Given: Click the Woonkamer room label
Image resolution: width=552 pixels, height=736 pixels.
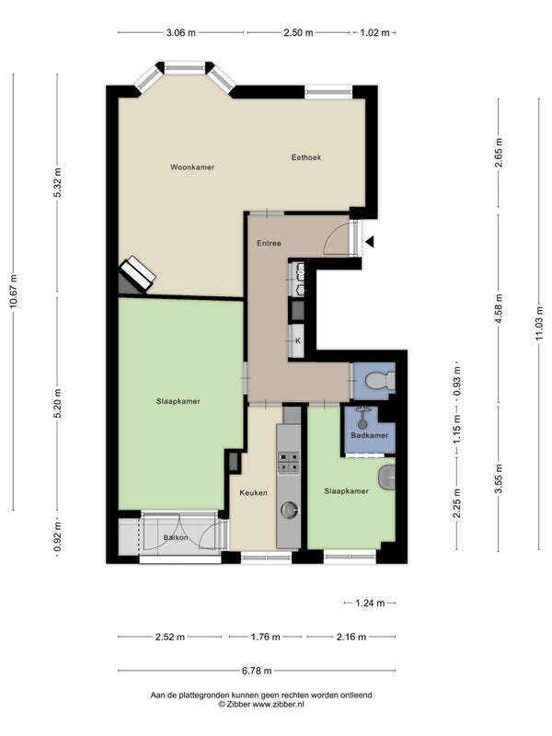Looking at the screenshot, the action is pos(192,167).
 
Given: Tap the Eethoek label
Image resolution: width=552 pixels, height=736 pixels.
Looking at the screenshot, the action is pos(306,157).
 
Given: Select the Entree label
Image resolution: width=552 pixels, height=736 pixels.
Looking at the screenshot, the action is pos(269,243).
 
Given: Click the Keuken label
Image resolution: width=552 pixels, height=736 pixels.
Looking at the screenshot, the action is pos(254,492).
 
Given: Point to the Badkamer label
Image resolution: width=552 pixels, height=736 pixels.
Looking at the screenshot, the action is pos(370,435).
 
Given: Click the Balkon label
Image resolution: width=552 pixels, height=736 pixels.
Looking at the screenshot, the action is pos(176,537).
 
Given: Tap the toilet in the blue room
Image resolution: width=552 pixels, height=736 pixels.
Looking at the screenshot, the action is pos(381,381).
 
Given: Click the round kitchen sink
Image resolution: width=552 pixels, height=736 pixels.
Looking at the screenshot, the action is pos(289,510).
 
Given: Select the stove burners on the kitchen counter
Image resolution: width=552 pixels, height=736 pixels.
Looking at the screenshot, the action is pos(289,462).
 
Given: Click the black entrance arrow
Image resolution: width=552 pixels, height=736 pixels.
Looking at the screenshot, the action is pos(371,242).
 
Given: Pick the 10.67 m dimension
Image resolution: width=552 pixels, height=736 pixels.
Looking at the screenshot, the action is pos(13,291).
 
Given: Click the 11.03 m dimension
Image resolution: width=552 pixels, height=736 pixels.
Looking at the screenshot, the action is pos(539,323).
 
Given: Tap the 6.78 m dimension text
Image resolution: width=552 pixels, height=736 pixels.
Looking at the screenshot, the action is pos(257,671).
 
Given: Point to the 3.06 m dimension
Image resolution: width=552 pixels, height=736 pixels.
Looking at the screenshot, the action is pos(180,33).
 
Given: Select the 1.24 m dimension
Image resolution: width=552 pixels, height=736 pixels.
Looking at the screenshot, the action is pos(371,604).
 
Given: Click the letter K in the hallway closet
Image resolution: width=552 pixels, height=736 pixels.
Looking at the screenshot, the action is pos(297,340).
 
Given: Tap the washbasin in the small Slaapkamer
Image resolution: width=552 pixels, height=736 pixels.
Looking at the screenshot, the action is pos(386,477).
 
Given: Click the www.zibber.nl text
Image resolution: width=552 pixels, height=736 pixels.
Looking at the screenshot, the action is pos(279,704).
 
